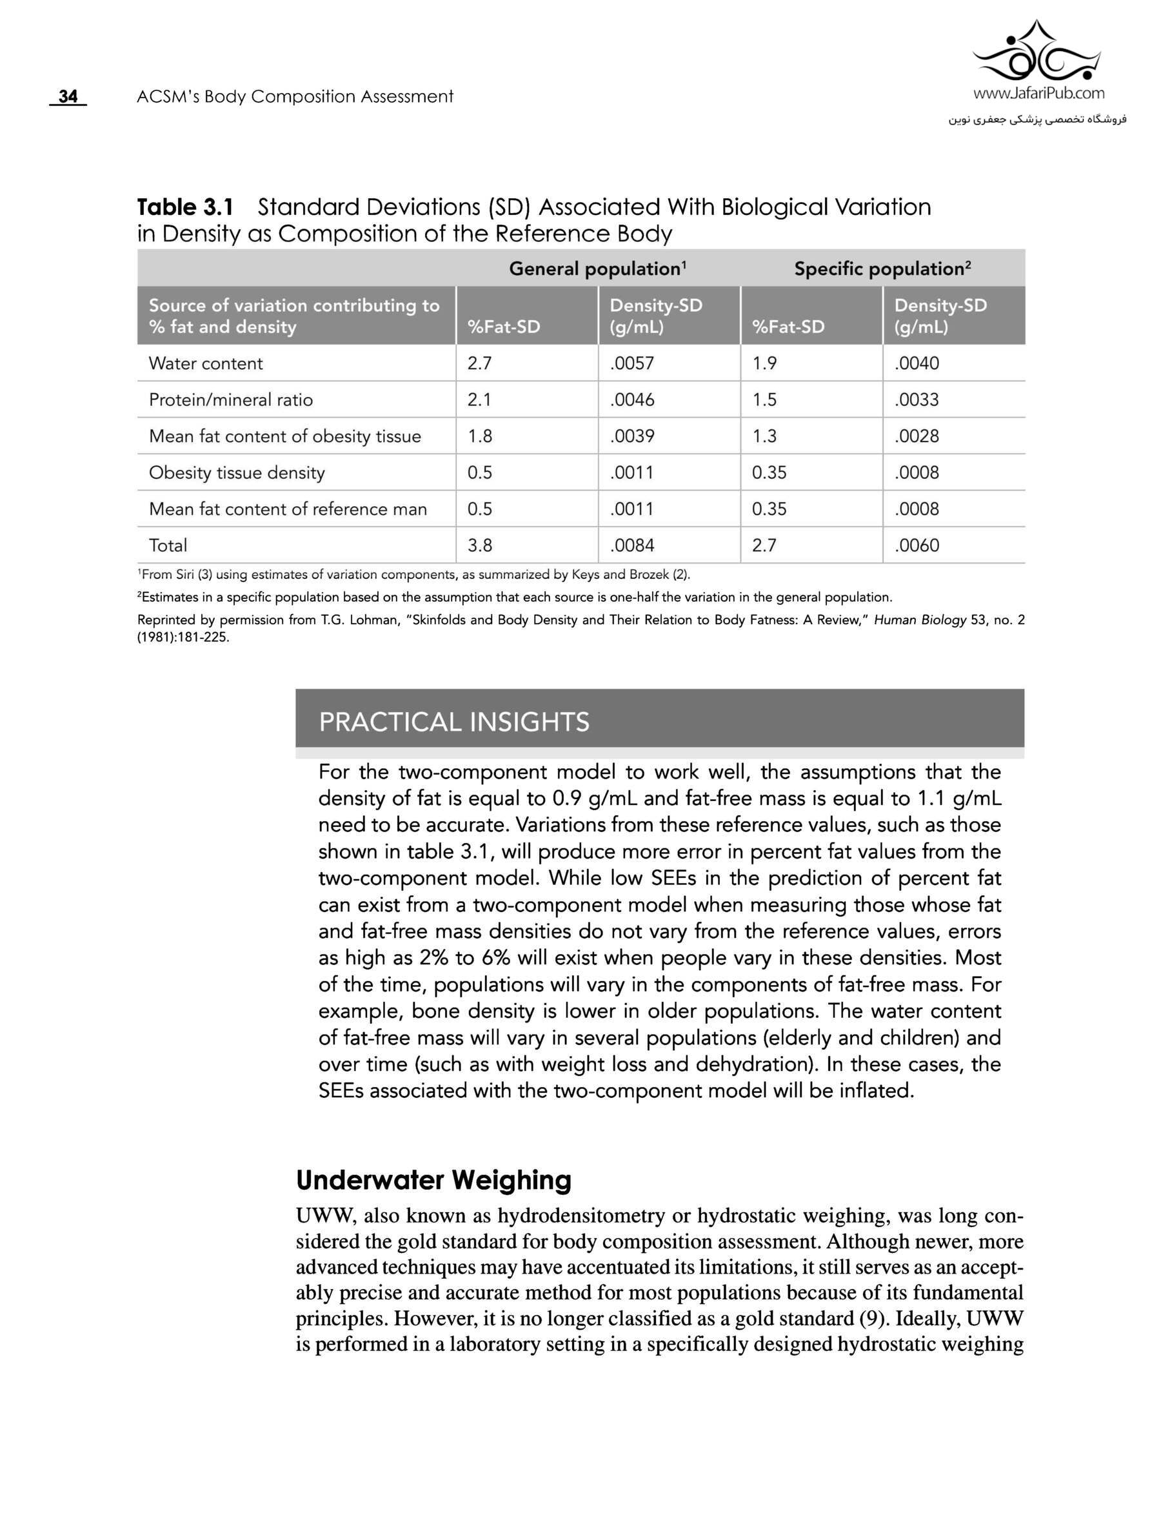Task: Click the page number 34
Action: pos(68,96)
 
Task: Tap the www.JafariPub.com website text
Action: pos(1038,93)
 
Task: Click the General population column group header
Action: pos(597,269)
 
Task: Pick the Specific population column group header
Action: pos(882,269)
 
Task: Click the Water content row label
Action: pos(205,363)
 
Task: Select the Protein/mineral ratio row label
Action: pos(230,400)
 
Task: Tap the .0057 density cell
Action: pos(632,363)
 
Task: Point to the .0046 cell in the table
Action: pos(632,400)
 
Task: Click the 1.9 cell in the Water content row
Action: pos(764,363)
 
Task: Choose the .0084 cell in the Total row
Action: pos(632,545)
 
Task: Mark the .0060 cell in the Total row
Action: pos(917,545)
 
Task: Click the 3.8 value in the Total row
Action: pos(480,545)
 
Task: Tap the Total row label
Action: pos(168,545)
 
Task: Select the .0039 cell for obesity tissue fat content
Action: pos(632,436)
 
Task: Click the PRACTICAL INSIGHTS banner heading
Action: pos(453,722)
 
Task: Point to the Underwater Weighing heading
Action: pos(433,1180)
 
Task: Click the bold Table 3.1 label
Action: pos(185,207)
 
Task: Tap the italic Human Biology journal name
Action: pos(920,620)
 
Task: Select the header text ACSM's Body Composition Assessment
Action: pos(295,96)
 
